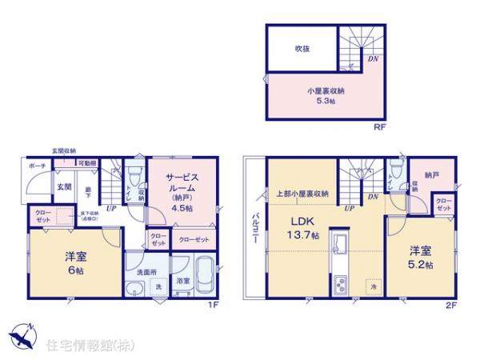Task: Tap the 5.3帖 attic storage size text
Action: [324, 102]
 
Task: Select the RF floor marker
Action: [373, 126]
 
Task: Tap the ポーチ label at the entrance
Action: [36, 166]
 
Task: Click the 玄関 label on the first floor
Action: [63, 187]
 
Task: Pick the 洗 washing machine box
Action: [158, 286]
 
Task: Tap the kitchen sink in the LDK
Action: [338, 245]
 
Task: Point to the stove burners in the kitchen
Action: [338, 283]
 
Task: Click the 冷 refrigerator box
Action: [374, 285]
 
